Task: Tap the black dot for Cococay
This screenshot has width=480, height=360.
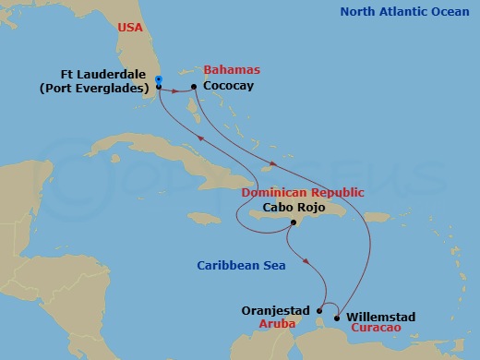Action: click(193, 88)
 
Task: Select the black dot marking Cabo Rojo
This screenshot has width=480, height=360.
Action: click(292, 223)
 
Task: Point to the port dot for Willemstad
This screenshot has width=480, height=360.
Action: click(336, 318)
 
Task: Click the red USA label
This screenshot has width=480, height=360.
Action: click(129, 29)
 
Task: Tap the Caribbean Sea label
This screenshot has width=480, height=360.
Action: click(241, 266)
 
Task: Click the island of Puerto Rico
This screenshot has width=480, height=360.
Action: click(377, 217)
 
